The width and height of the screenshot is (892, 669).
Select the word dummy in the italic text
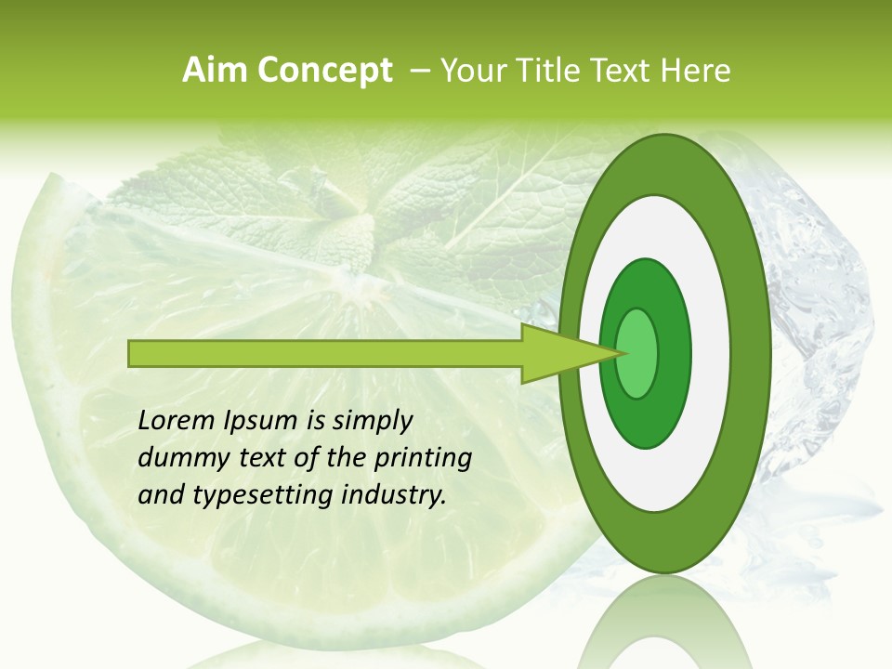coord(177,458)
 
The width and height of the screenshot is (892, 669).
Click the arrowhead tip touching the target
coord(617,353)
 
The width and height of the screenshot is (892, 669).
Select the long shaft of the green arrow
coord(325,353)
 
